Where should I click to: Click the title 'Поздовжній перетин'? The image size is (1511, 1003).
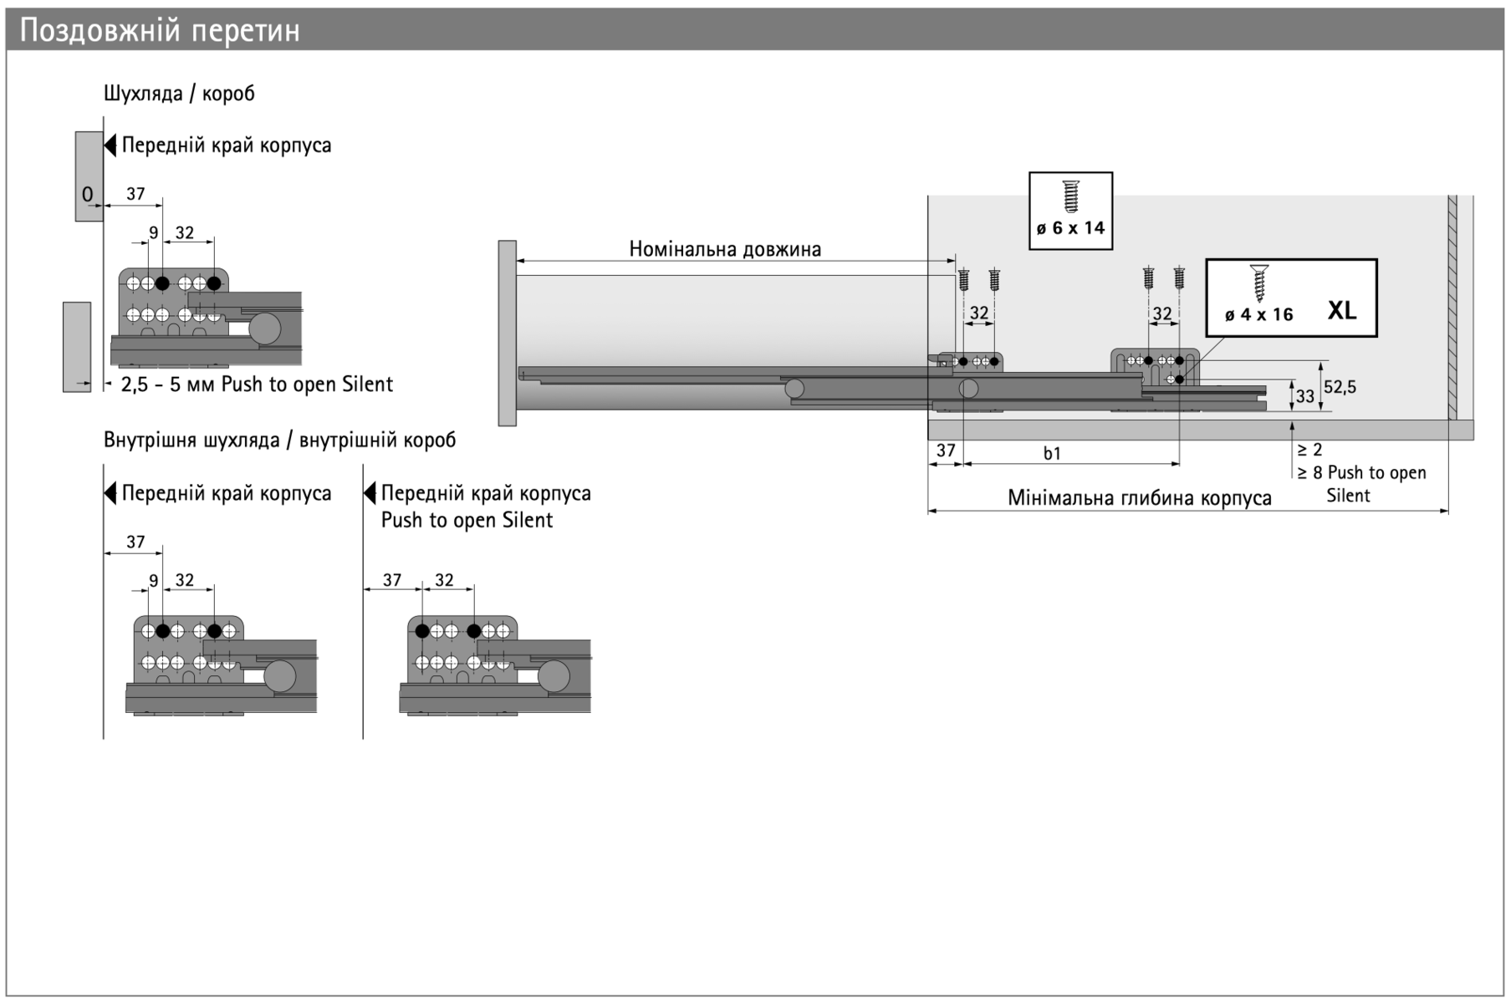(x=160, y=31)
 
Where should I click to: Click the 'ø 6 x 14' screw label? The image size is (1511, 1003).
(x=1070, y=228)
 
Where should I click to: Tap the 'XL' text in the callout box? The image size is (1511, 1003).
(x=1341, y=311)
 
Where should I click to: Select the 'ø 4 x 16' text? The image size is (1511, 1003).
(x=1258, y=315)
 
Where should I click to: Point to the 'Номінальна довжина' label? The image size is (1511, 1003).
(x=725, y=249)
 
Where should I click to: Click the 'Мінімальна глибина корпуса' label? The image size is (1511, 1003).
(x=1139, y=498)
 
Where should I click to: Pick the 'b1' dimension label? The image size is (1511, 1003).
(x=1052, y=453)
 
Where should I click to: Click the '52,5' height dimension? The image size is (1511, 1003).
(x=1340, y=387)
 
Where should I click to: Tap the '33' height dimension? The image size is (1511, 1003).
(x=1304, y=397)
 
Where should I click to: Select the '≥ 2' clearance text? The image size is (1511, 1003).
(x=1309, y=450)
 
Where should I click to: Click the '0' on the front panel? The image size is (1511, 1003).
(x=88, y=195)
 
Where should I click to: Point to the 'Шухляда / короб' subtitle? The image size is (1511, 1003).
(x=179, y=94)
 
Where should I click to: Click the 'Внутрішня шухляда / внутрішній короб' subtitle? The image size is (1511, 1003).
(x=279, y=440)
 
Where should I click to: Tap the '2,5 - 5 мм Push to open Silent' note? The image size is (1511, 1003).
(x=257, y=384)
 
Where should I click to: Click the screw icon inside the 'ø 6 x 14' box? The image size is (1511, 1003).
(x=1070, y=196)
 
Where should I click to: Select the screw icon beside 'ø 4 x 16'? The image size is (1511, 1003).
(x=1259, y=283)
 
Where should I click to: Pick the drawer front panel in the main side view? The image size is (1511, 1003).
(x=507, y=333)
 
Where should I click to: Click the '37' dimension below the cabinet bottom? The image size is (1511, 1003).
(x=945, y=451)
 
